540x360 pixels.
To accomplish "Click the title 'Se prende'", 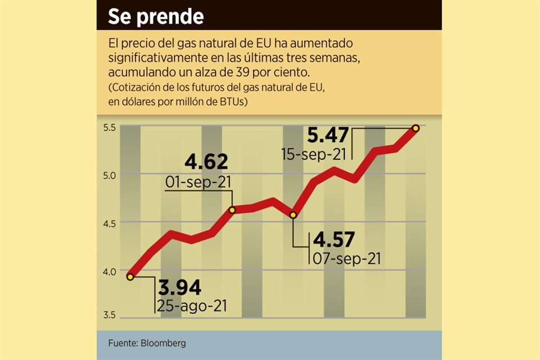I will (x=156, y=16).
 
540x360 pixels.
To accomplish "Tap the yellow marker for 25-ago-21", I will (x=130, y=277).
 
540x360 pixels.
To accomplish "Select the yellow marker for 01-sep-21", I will (x=232, y=210).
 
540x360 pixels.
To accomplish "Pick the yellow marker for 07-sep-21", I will (x=293, y=215).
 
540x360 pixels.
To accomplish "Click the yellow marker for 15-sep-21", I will (x=416, y=128).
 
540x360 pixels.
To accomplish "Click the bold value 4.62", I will (x=206, y=162).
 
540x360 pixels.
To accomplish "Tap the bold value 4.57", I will (x=334, y=240).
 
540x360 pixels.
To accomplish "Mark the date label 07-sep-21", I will (x=345, y=259).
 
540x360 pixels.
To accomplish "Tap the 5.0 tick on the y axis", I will (x=109, y=175).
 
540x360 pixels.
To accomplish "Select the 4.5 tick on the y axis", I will (x=109, y=223).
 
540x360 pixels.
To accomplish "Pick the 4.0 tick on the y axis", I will (x=109, y=271).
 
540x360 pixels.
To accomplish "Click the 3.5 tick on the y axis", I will (x=109, y=314).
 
